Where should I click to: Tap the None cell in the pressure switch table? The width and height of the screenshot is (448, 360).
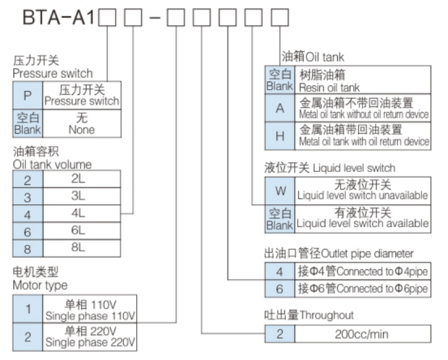point(81,122)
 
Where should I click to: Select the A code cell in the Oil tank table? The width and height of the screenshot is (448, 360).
point(279,107)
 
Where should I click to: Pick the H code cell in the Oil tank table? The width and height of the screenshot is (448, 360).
point(279,135)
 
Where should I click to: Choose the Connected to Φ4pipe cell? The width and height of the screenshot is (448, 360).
point(362,271)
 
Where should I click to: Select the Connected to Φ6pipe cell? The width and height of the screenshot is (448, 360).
point(362,289)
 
